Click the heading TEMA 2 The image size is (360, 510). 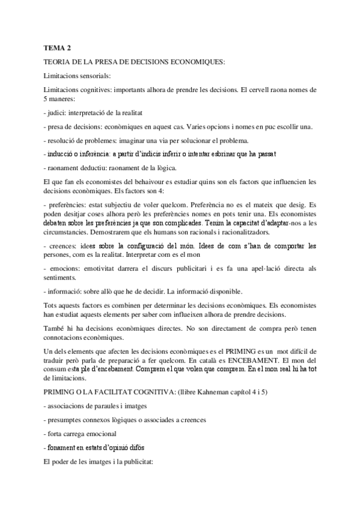(x=57, y=48)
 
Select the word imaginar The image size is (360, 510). (x=136, y=140)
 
